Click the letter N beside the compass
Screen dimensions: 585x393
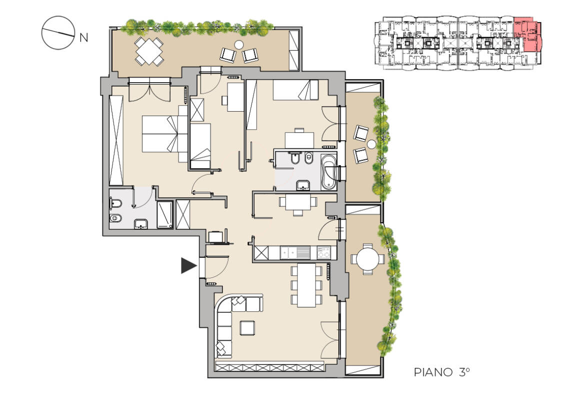pos(84,38)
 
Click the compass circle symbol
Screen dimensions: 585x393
pos(58,33)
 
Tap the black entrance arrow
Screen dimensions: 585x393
pos(189,265)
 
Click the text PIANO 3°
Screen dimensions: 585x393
pos(441,372)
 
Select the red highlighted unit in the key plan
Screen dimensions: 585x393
pos(527,35)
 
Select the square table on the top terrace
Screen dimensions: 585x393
pos(149,51)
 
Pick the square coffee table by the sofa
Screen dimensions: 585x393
pos(247,328)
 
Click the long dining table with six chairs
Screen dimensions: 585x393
pos(306,285)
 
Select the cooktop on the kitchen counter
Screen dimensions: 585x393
pos(323,253)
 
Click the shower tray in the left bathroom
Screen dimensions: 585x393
pos(164,215)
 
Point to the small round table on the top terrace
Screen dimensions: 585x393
pos(239,45)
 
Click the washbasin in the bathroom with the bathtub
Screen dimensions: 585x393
pos(303,185)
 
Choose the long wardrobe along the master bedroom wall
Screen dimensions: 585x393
pos(116,140)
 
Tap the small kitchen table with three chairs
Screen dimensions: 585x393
pos(297,204)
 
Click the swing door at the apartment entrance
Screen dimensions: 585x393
pos(217,267)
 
